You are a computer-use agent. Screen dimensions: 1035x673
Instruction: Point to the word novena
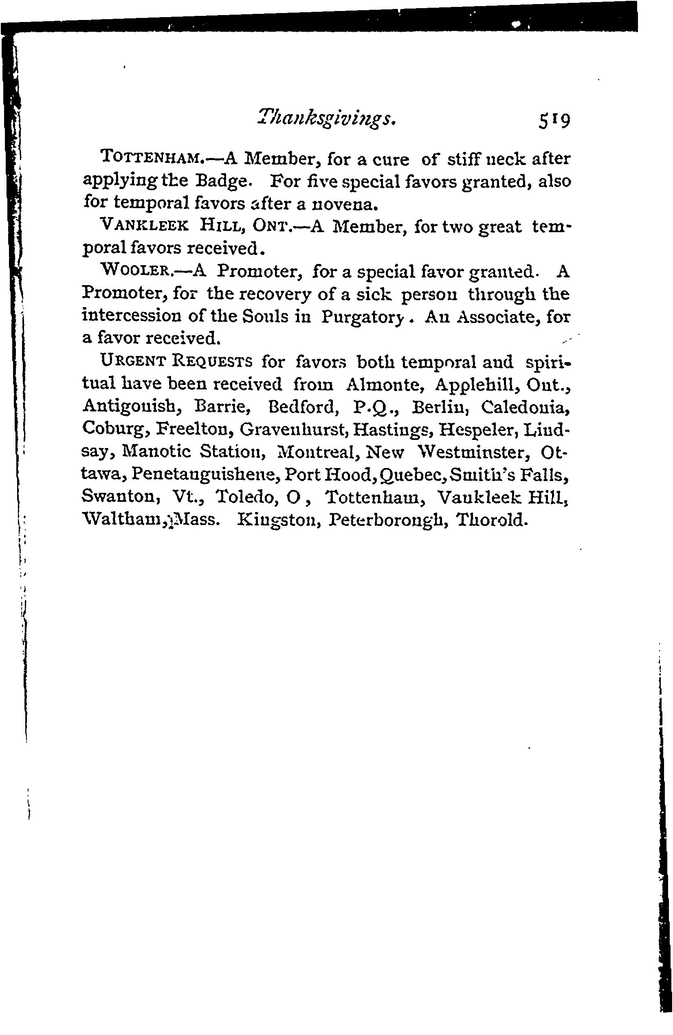[x=345, y=203]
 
